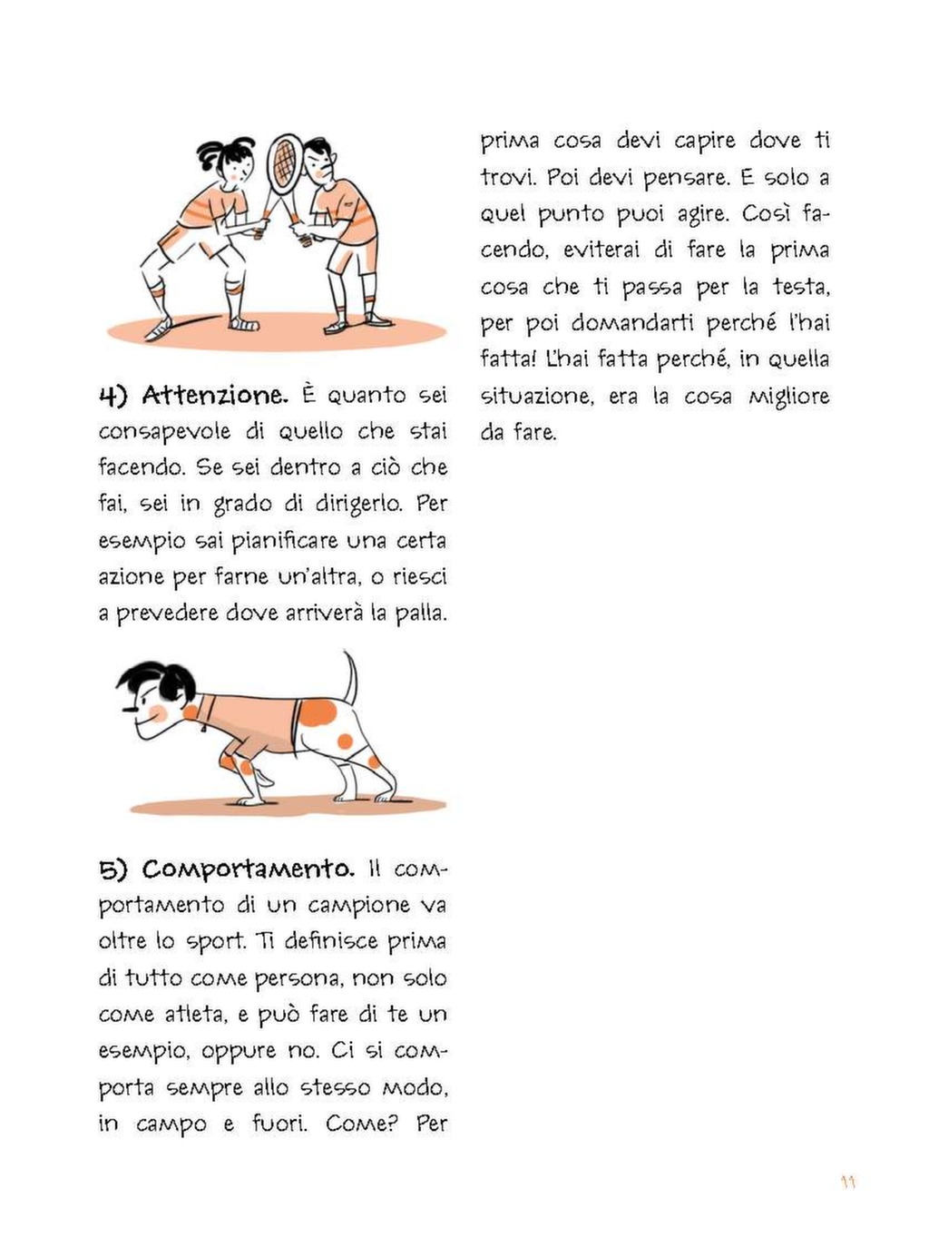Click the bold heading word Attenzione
(215, 396)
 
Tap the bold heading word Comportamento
(248, 869)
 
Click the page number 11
(848, 1183)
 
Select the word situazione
(535, 397)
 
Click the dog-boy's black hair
(159, 679)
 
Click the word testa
(801, 287)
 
